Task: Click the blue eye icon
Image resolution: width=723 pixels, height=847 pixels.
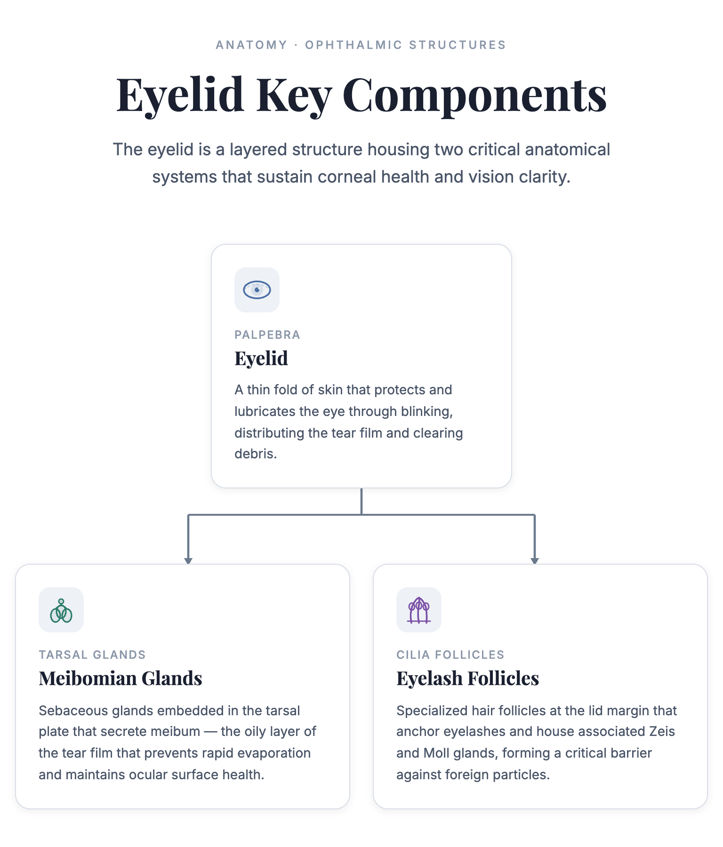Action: pos(257,290)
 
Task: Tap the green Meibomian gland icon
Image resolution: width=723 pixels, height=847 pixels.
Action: pos(61,610)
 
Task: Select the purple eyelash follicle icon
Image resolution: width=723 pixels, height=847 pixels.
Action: pos(419,610)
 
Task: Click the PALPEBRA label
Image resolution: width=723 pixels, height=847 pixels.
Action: pos(267,335)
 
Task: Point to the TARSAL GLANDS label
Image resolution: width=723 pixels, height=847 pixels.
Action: pos(92,655)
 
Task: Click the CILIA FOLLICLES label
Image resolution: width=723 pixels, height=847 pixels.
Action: pos(450,655)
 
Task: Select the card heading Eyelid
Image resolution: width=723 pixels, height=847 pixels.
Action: pos(261,358)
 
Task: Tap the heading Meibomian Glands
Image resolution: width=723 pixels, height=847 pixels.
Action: pos(120,678)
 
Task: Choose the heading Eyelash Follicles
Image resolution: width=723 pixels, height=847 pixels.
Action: pos(467,678)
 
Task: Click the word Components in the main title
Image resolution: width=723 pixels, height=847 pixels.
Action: pos(475,96)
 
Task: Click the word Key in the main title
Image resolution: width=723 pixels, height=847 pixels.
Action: pos(294,96)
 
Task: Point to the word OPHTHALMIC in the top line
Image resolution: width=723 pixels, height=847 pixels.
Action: pos(354,45)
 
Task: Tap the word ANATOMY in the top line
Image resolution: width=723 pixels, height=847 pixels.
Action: pos(251,45)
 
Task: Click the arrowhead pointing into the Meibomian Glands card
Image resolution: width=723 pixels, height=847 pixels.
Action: pos(188,560)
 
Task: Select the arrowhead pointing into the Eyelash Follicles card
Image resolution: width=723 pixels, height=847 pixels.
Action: pos(535,560)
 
